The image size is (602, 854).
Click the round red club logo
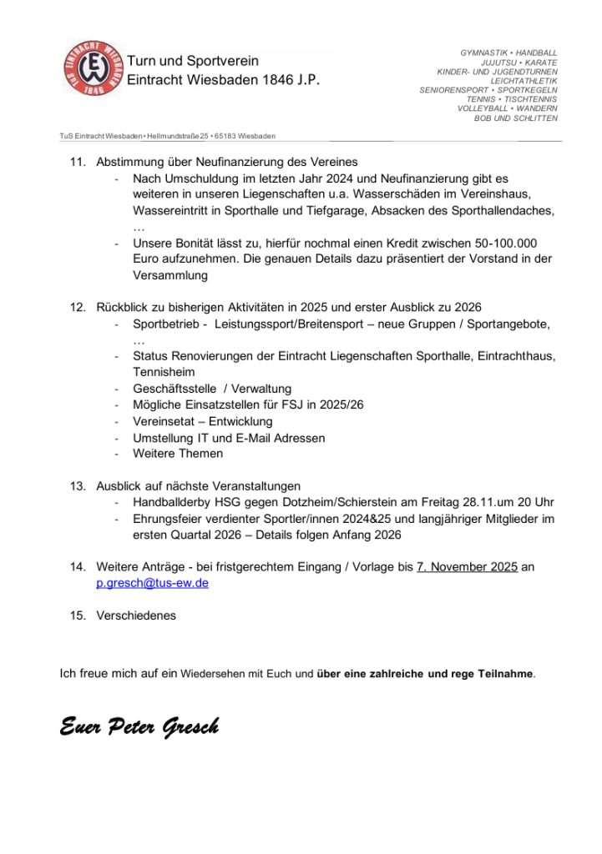tap(93, 68)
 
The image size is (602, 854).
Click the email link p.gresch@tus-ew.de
tap(153, 583)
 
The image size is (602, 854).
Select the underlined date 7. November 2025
tap(467, 567)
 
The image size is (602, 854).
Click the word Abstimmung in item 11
tap(130, 162)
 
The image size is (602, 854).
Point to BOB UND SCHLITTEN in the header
tap(515, 118)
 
